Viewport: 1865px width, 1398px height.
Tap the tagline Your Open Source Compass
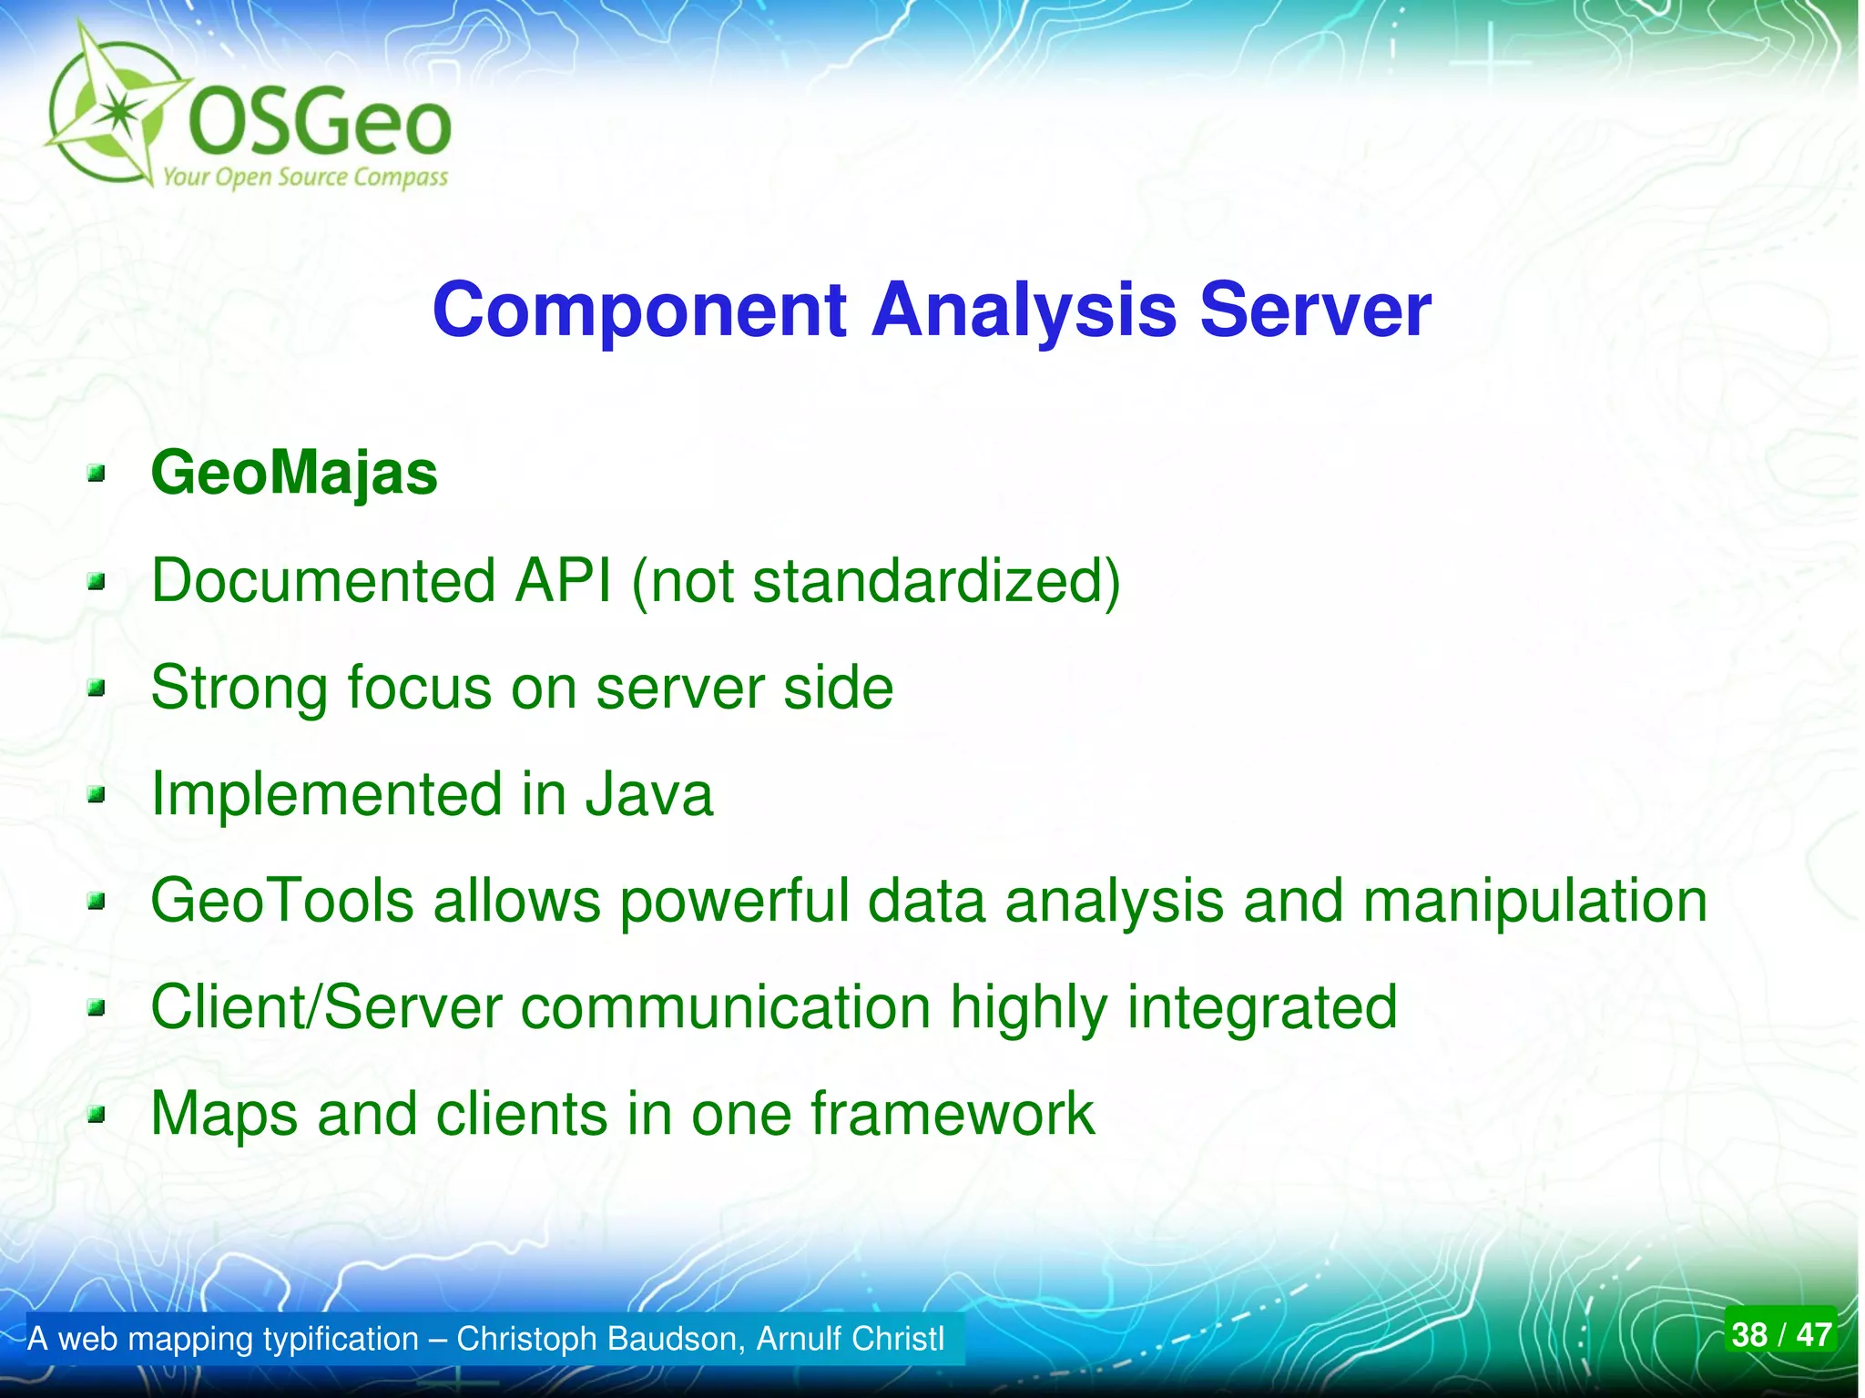[x=305, y=177]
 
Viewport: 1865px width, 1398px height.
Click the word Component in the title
[x=639, y=311]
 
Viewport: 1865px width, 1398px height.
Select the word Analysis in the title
[x=1024, y=311]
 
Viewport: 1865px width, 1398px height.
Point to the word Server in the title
[x=1315, y=311]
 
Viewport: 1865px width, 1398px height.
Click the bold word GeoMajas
[x=293, y=474]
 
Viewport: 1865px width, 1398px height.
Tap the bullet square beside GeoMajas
[x=97, y=474]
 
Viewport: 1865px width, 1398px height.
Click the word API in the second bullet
[x=563, y=580]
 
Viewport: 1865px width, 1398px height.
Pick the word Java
[x=648, y=793]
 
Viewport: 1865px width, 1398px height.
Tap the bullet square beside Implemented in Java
[x=97, y=796]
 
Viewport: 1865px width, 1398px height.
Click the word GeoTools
[x=282, y=901]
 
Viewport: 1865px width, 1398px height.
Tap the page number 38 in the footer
[x=1749, y=1335]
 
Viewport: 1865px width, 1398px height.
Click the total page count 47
[x=1813, y=1335]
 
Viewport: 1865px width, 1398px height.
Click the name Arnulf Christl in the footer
[x=850, y=1339]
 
